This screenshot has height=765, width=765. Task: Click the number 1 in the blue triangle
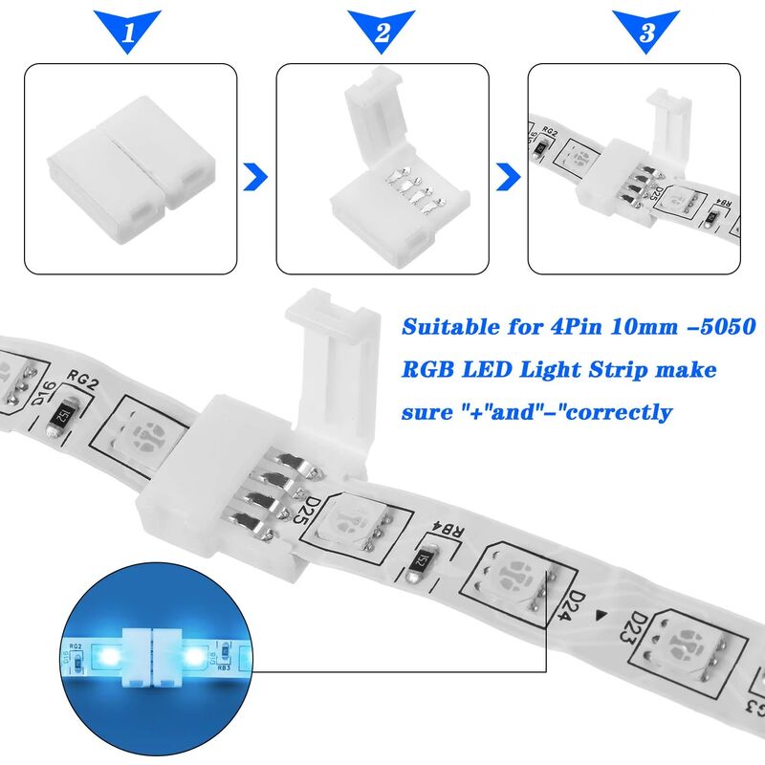[x=130, y=32]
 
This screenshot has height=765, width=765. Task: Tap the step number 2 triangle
[x=382, y=32]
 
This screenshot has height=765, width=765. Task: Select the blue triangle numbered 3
[x=646, y=32]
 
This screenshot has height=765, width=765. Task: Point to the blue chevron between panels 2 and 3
[x=508, y=176]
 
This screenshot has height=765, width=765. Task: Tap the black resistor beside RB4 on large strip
[x=421, y=564]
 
